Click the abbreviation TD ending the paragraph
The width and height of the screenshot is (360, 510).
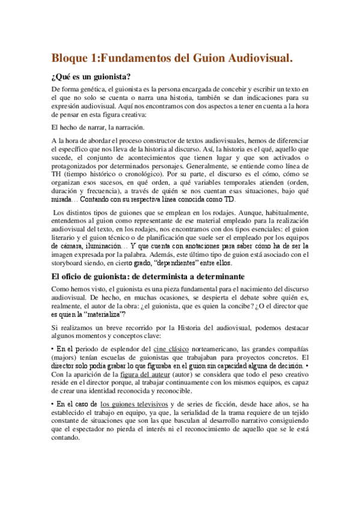pyautogui.click(x=229, y=200)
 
